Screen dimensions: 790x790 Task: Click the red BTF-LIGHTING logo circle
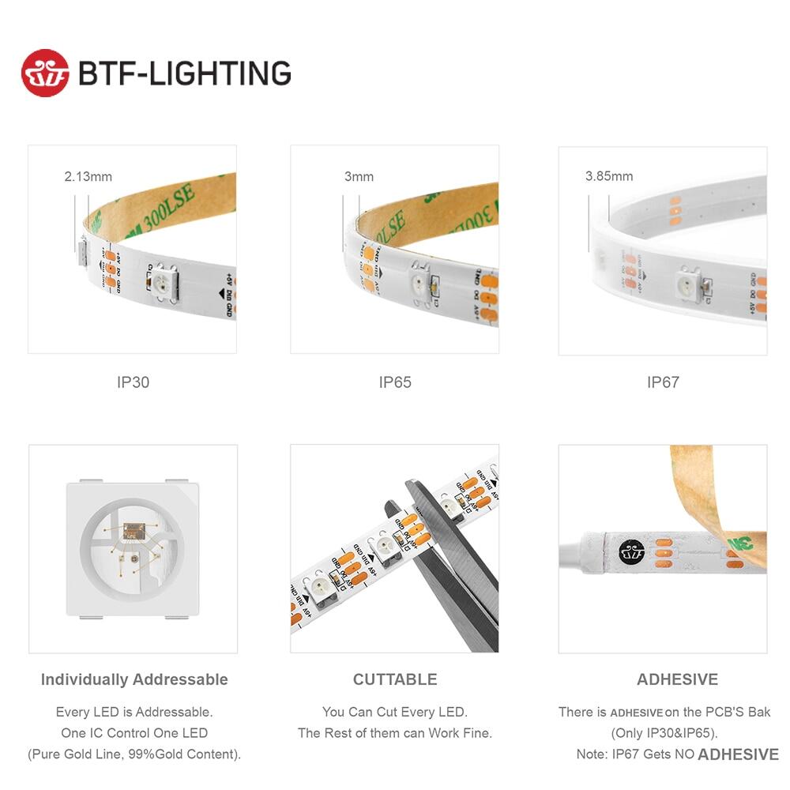point(45,73)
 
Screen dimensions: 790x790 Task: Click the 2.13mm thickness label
point(88,177)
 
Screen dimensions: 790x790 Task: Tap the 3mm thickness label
point(359,177)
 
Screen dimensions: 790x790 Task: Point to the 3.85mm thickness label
point(608,177)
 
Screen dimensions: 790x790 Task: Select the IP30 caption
point(133,382)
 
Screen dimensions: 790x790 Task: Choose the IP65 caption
point(395,382)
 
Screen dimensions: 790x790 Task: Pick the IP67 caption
point(663,382)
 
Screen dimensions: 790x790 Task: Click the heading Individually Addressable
point(134,679)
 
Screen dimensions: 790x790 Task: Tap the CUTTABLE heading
point(395,679)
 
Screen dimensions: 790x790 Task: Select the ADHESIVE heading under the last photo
point(677,679)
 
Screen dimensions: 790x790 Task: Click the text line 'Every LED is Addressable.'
point(134,713)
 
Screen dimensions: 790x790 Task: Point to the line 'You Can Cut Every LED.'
point(395,713)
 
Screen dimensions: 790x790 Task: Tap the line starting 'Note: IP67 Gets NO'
point(677,754)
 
